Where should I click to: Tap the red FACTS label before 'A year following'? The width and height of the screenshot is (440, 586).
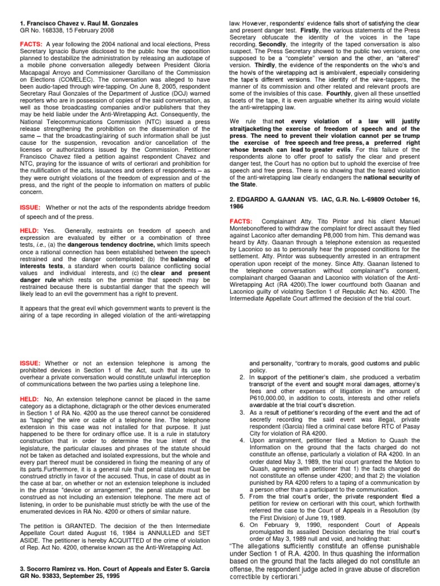pos(31,43)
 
